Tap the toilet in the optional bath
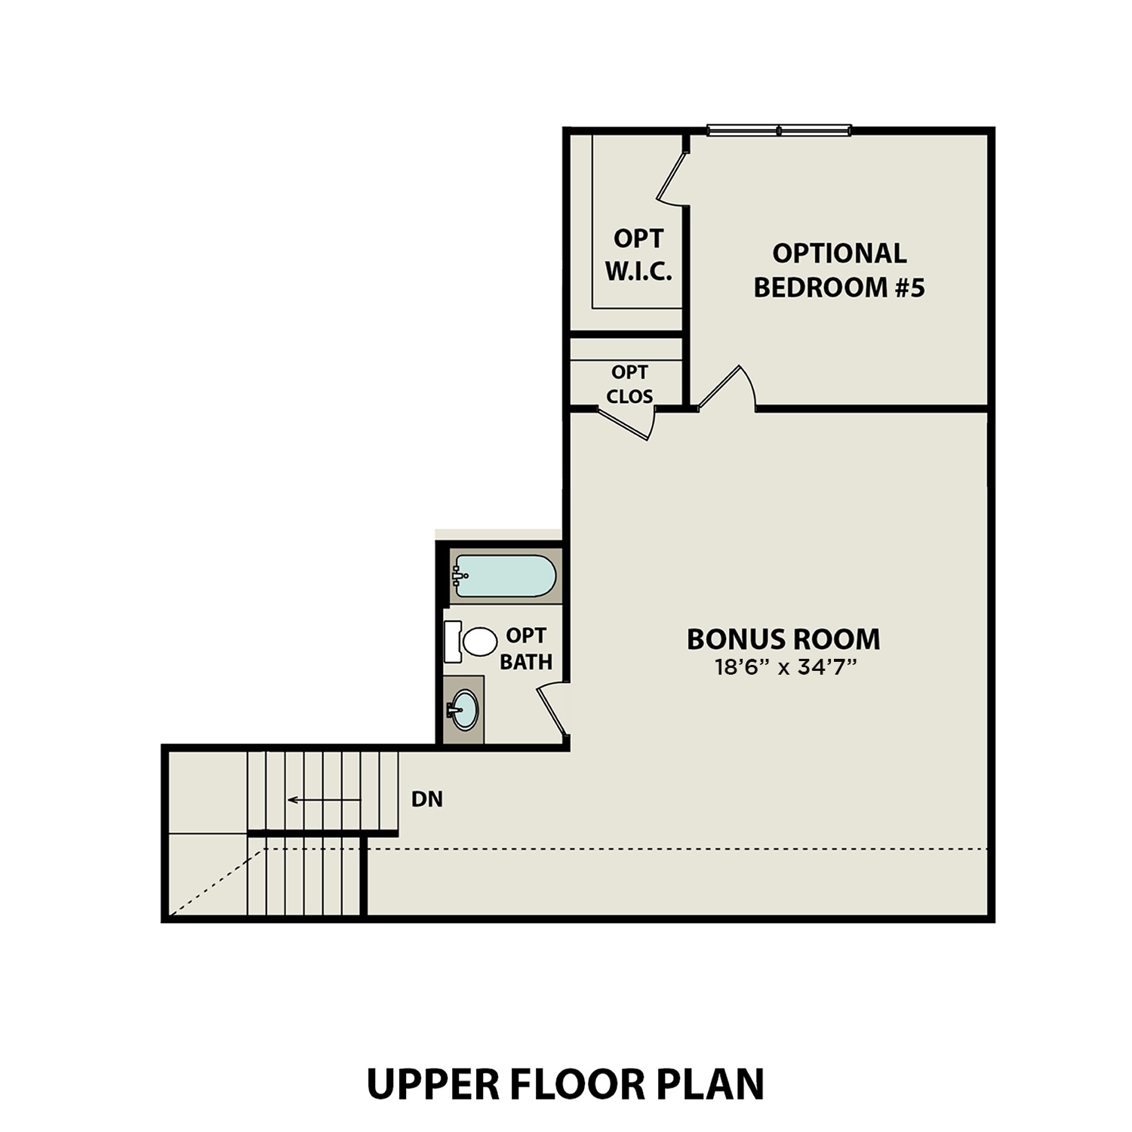click(x=478, y=641)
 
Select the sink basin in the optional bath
click(x=464, y=710)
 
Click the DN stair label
click(x=427, y=799)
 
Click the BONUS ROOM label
click(x=783, y=639)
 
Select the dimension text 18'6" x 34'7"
click(x=783, y=667)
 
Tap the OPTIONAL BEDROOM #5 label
click(x=838, y=269)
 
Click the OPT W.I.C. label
click(x=638, y=254)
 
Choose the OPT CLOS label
click(x=629, y=384)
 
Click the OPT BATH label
click(x=526, y=648)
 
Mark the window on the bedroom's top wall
click(x=779, y=131)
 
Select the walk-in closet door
click(x=672, y=178)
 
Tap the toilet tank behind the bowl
click(x=452, y=641)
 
